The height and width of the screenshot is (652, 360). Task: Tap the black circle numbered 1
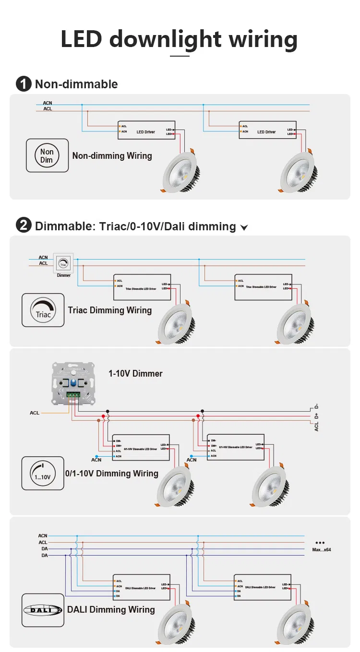pos(24,84)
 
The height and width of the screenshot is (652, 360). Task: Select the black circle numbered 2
pos(24,225)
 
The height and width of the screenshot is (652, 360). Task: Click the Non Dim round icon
pos(47,155)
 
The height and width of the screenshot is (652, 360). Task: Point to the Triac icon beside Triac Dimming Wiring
pos(43,310)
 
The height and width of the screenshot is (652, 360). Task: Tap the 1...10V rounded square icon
pos(43,473)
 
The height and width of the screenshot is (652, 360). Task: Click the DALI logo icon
pos(43,610)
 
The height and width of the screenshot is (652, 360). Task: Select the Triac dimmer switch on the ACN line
pos(63,263)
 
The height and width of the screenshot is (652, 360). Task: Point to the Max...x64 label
pos(322,549)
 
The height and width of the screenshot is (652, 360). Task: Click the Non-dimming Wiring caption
pos(112,156)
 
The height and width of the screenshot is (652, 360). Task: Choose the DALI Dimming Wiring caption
pos(111,610)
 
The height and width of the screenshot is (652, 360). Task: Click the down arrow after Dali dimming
pos(244,227)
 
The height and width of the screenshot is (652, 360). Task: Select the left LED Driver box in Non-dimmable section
pos(146,130)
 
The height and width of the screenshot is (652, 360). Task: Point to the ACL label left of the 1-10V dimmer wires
pos(35,413)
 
